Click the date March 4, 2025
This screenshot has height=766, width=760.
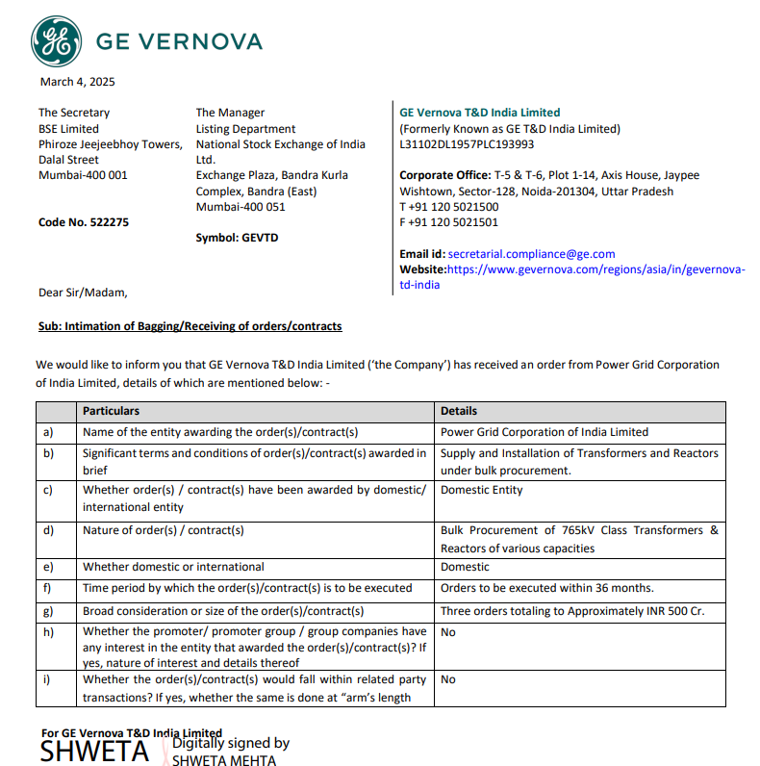(x=77, y=82)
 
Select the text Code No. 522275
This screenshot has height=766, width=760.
(x=84, y=222)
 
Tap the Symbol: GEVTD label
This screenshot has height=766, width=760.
(x=237, y=238)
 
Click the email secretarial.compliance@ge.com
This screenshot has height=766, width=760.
(x=531, y=254)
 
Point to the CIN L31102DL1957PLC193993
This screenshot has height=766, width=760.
(x=467, y=144)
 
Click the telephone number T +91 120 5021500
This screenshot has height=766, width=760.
(x=449, y=207)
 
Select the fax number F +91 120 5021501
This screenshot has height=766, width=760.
(x=449, y=222)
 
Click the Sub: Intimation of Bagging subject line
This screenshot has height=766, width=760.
(x=190, y=326)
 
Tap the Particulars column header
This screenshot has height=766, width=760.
(x=111, y=411)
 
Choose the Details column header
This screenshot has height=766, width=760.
(x=459, y=411)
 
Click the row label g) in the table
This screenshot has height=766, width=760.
(x=49, y=611)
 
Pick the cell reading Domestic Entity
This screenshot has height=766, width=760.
(x=482, y=490)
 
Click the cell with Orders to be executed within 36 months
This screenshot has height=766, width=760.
(x=546, y=588)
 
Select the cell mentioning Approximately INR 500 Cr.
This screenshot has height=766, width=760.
(x=572, y=611)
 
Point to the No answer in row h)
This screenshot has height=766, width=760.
(x=448, y=632)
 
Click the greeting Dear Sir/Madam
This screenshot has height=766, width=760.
(x=82, y=293)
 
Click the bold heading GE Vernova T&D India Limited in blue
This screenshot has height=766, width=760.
(x=479, y=113)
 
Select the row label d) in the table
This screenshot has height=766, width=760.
(x=49, y=530)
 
